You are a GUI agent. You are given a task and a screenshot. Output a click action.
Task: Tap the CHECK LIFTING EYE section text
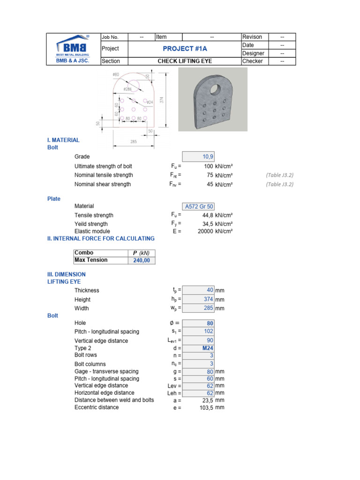pos(185,61)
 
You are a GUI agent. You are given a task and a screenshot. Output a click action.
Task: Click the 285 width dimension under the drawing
pos(134,141)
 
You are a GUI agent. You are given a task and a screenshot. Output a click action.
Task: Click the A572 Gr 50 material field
pos(199,206)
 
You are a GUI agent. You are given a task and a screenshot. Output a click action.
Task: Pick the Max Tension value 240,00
pos(141,260)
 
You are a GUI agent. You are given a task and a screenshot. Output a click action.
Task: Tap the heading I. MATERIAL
pos(63,140)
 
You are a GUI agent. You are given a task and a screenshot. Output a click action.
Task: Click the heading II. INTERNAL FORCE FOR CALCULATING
pos(101,239)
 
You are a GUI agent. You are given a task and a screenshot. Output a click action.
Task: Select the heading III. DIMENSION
pos(67,274)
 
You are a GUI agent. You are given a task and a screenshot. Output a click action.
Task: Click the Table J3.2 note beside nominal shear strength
pos(279,184)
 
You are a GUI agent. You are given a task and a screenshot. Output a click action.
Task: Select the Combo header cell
pos(100,253)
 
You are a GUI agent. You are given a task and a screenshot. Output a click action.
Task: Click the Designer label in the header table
pos(254,53)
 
